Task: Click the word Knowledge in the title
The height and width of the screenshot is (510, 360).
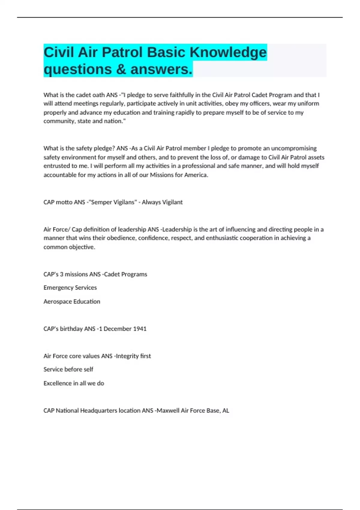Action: coord(228,52)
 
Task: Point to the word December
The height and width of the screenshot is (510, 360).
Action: coord(117,329)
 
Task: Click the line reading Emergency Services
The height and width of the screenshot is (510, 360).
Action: coord(70,288)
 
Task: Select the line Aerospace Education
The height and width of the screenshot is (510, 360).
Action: coord(72,301)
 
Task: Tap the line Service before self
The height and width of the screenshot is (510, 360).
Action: coord(68,369)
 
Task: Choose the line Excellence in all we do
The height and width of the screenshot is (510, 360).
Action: coord(74,383)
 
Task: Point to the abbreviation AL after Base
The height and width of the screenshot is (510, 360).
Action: coord(226,410)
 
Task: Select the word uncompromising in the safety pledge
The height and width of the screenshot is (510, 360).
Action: coord(294,148)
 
